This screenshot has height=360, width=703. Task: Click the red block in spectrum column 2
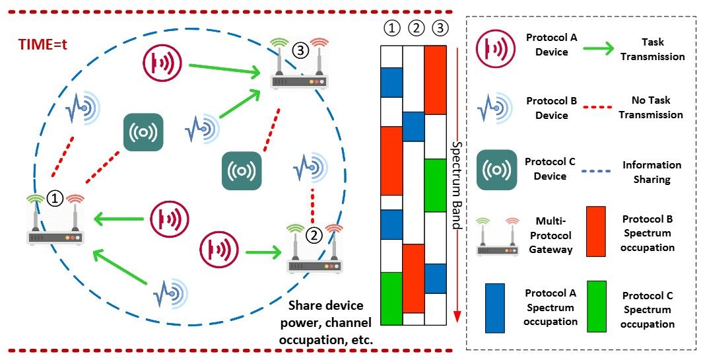click(413, 277)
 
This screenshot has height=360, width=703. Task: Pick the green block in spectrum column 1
click(391, 298)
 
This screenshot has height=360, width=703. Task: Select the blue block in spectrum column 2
click(413, 126)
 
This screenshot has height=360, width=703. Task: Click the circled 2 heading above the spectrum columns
click(413, 29)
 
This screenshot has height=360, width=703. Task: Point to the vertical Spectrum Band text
click(455, 185)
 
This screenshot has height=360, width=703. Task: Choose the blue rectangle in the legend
click(495, 307)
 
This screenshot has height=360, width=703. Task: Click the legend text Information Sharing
click(652, 172)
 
